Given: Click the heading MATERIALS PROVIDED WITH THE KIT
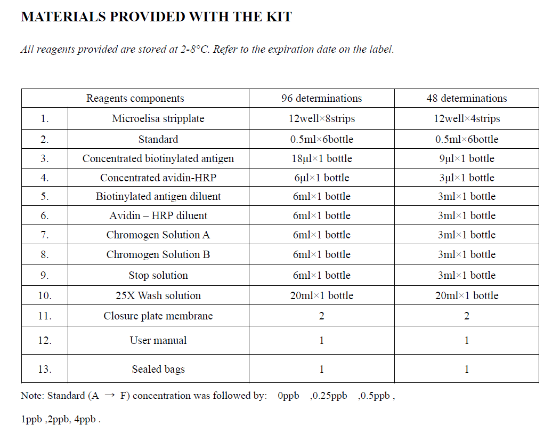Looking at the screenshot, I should pyautogui.click(x=156, y=17).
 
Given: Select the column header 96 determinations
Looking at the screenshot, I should pyautogui.click(x=321, y=98).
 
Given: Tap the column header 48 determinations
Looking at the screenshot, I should pyautogui.click(x=467, y=98).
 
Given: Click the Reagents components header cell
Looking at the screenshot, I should pyautogui.click(x=135, y=98).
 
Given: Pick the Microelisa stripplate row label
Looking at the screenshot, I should pyautogui.click(x=158, y=118).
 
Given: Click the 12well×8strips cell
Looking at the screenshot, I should pyautogui.click(x=321, y=118).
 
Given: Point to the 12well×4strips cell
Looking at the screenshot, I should pyautogui.click(x=467, y=118).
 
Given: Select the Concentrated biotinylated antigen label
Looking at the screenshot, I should pyautogui.click(x=158, y=158).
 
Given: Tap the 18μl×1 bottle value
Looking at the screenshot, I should pyautogui.click(x=321, y=158).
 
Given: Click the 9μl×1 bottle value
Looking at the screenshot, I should pyautogui.click(x=467, y=158).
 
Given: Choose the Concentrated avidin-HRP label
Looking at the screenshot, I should pyautogui.click(x=158, y=178).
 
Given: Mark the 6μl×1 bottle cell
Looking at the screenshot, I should pyautogui.click(x=321, y=178).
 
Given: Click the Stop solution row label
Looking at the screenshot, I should pyautogui.click(x=158, y=275).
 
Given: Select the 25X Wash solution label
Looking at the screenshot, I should pyautogui.click(x=158, y=295).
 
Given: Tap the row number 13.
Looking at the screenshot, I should pyautogui.click(x=45, y=369).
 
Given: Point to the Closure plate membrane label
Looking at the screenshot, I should pyautogui.click(x=158, y=316).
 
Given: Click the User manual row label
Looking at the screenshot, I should pyautogui.click(x=158, y=340).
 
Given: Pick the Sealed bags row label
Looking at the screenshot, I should pyautogui.click(x=158, y=369).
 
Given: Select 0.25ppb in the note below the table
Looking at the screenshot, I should pyautogui.click(x=329, y=396).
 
